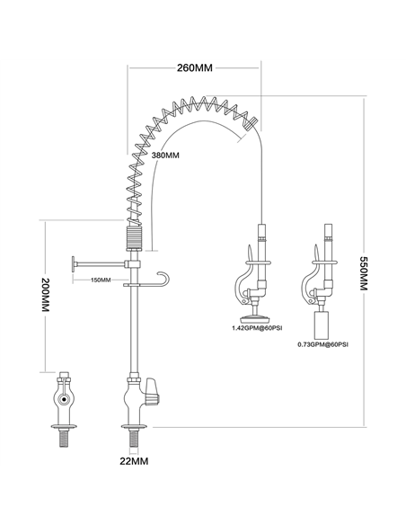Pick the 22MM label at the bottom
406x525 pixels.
coord(134,461)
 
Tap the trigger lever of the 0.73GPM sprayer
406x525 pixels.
coord(310,285)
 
